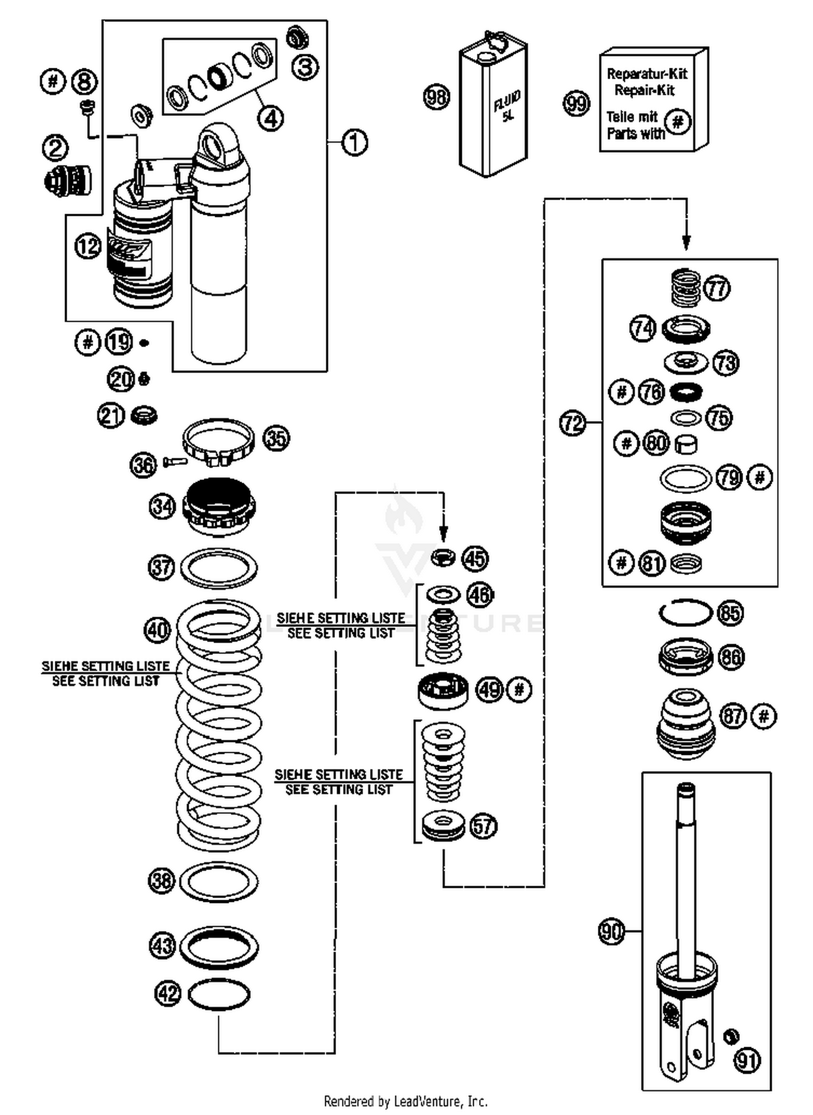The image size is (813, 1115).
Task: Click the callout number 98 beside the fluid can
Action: pyautogui.click(x=436, y=98)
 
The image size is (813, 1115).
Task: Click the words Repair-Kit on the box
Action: pyautogui.click(x=644, y=90)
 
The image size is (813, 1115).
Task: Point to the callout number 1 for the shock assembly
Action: pyautogui.click(x=354, y=143)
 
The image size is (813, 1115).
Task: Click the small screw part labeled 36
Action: pyautogui.click(x=175, y=462)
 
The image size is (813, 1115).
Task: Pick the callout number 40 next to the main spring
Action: pyautogui.click(x=158, y=630)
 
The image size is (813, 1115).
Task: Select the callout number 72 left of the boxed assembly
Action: pyautogui.click(x=573, y=422)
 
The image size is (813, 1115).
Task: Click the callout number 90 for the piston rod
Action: pyautogui.click(x=611, y=932)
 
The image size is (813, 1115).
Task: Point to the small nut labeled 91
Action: pyautogui.click(x=731, y=1036)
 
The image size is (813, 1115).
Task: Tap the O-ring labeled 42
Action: pyautogui.click(x=219, y=994)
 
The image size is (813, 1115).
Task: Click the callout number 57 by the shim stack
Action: pyautogui.click(x=483, y=826)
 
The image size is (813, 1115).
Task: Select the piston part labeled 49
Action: pyautogui.click(x=443, y=690)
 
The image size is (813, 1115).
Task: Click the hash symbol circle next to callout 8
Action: pyautogui.click(x=53, y=82)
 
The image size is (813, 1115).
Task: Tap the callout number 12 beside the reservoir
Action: pyautogui.click(x=88, y=246)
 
